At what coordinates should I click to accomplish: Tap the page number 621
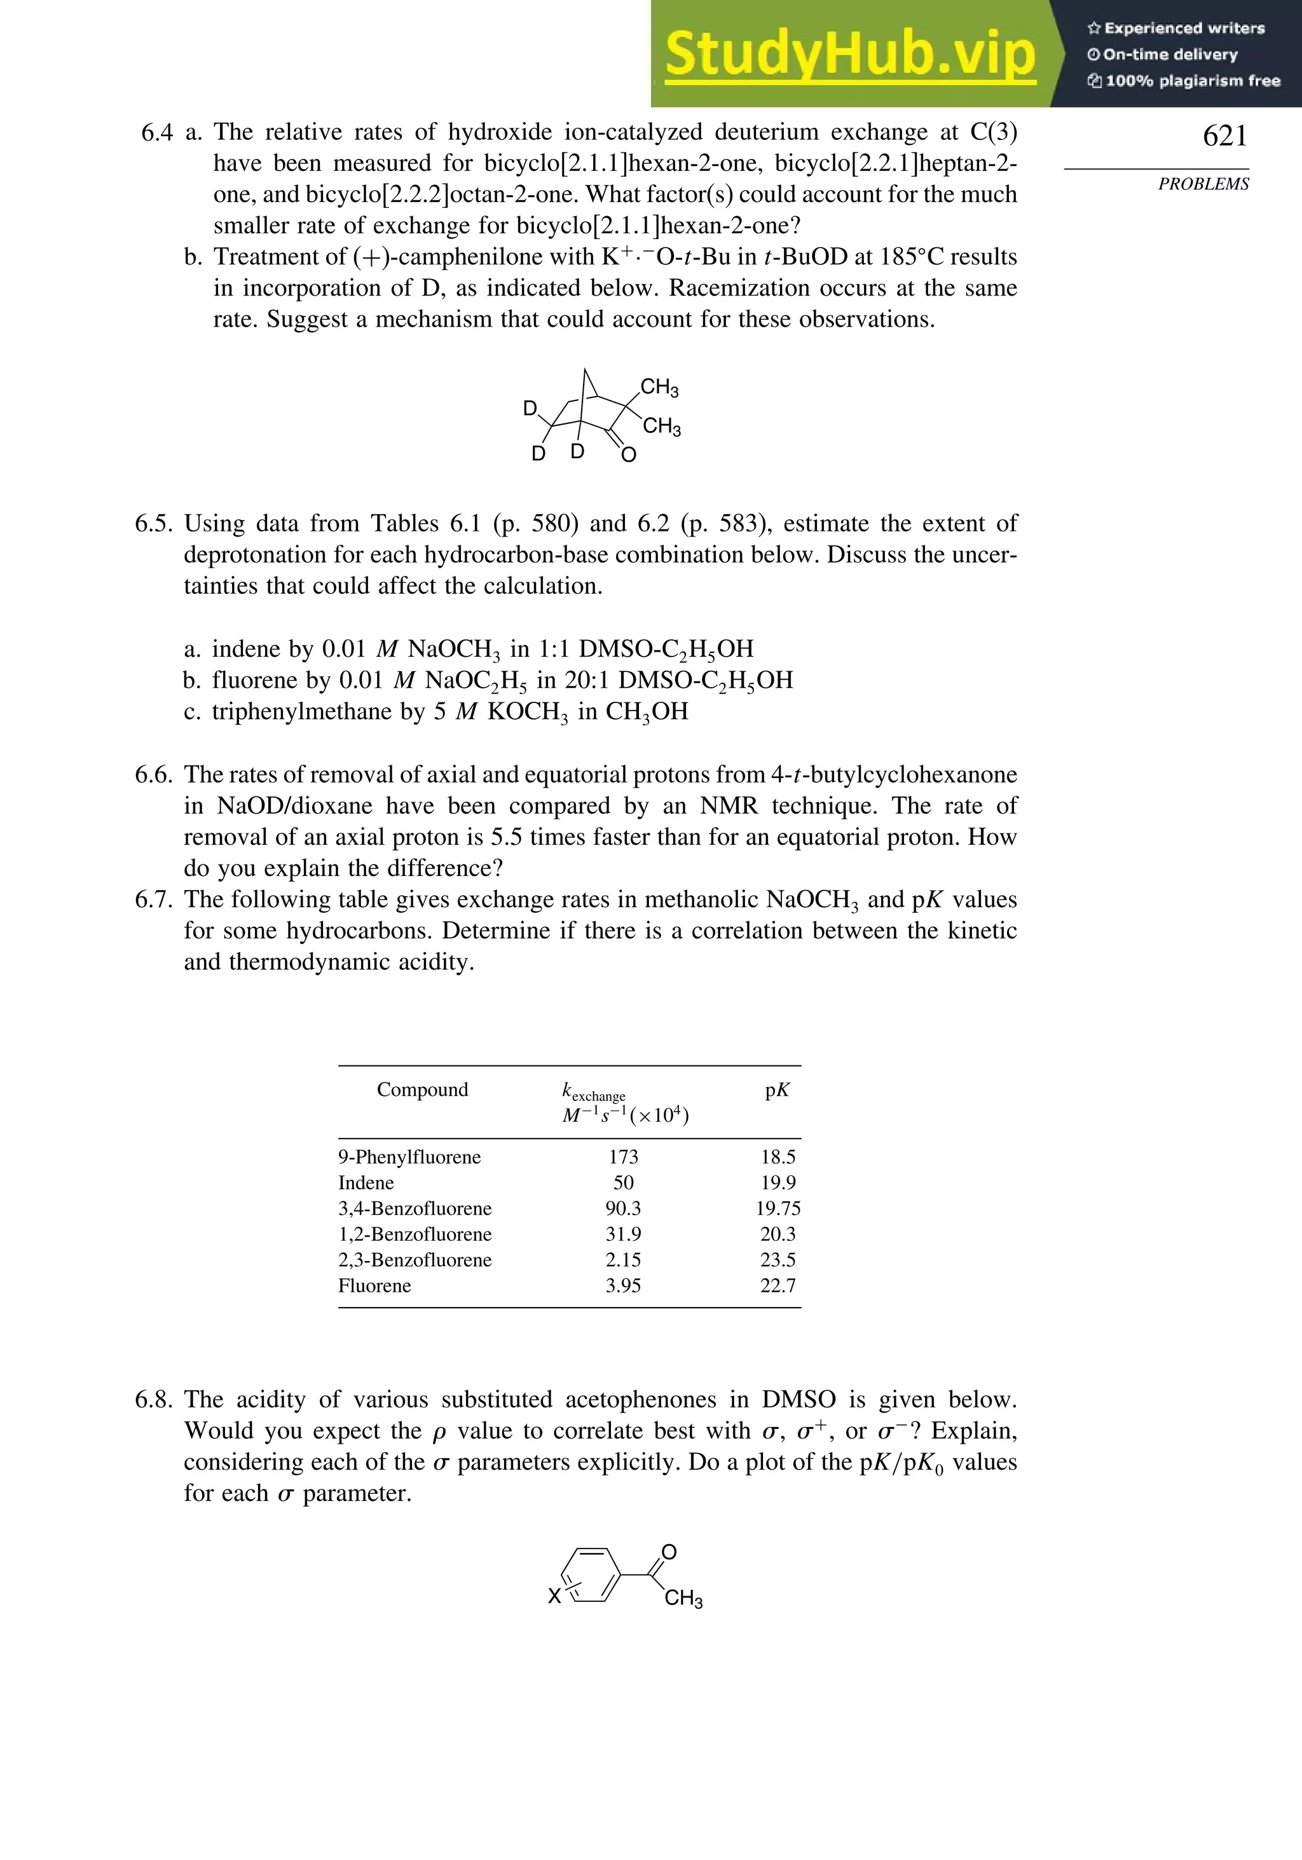[1224, 136]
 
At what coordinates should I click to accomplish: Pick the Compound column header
[422, 1090]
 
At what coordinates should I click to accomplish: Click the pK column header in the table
[777, 1090]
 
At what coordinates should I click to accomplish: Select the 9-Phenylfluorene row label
[409, 1157]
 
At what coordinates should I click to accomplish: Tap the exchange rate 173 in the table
[623, 1157]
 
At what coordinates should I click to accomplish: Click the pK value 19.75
[778, 1208]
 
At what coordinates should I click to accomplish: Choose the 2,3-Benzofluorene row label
[415, 1260]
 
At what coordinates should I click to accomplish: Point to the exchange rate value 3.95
[623, 1285]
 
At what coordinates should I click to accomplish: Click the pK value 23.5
[778, 1260]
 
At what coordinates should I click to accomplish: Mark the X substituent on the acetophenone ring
[554, 1597]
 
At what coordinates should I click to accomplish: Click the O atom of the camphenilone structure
[629, 455]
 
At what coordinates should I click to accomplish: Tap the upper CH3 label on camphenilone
[659, 388]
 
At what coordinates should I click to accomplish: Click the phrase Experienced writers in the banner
[1184, 29]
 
